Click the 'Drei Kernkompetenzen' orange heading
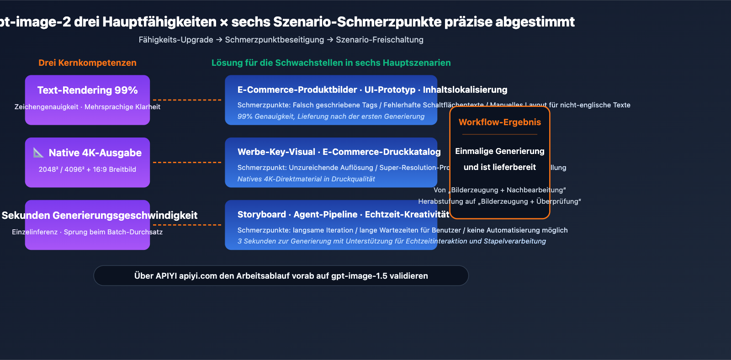point(87,63)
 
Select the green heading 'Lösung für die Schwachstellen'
point(331,63)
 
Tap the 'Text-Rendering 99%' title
point(87,90)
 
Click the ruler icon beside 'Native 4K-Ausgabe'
point(39,153)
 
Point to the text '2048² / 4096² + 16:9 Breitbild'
point(87,169)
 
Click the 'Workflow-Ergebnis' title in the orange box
point(499,122)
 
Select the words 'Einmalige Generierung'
point(499,151)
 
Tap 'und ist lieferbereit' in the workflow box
point(499,167)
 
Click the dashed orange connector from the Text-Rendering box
point(187,100)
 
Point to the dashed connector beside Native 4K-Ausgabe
point(187,162)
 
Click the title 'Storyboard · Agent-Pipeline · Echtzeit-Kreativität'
point(343,214)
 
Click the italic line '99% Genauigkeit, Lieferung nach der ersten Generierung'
point(331,116)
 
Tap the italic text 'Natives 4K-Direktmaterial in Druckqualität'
point(306,179)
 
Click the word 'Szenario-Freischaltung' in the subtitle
point(379,40)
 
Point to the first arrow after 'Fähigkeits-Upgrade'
point(219,40)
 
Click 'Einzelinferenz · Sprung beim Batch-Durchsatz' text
point(87,232)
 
